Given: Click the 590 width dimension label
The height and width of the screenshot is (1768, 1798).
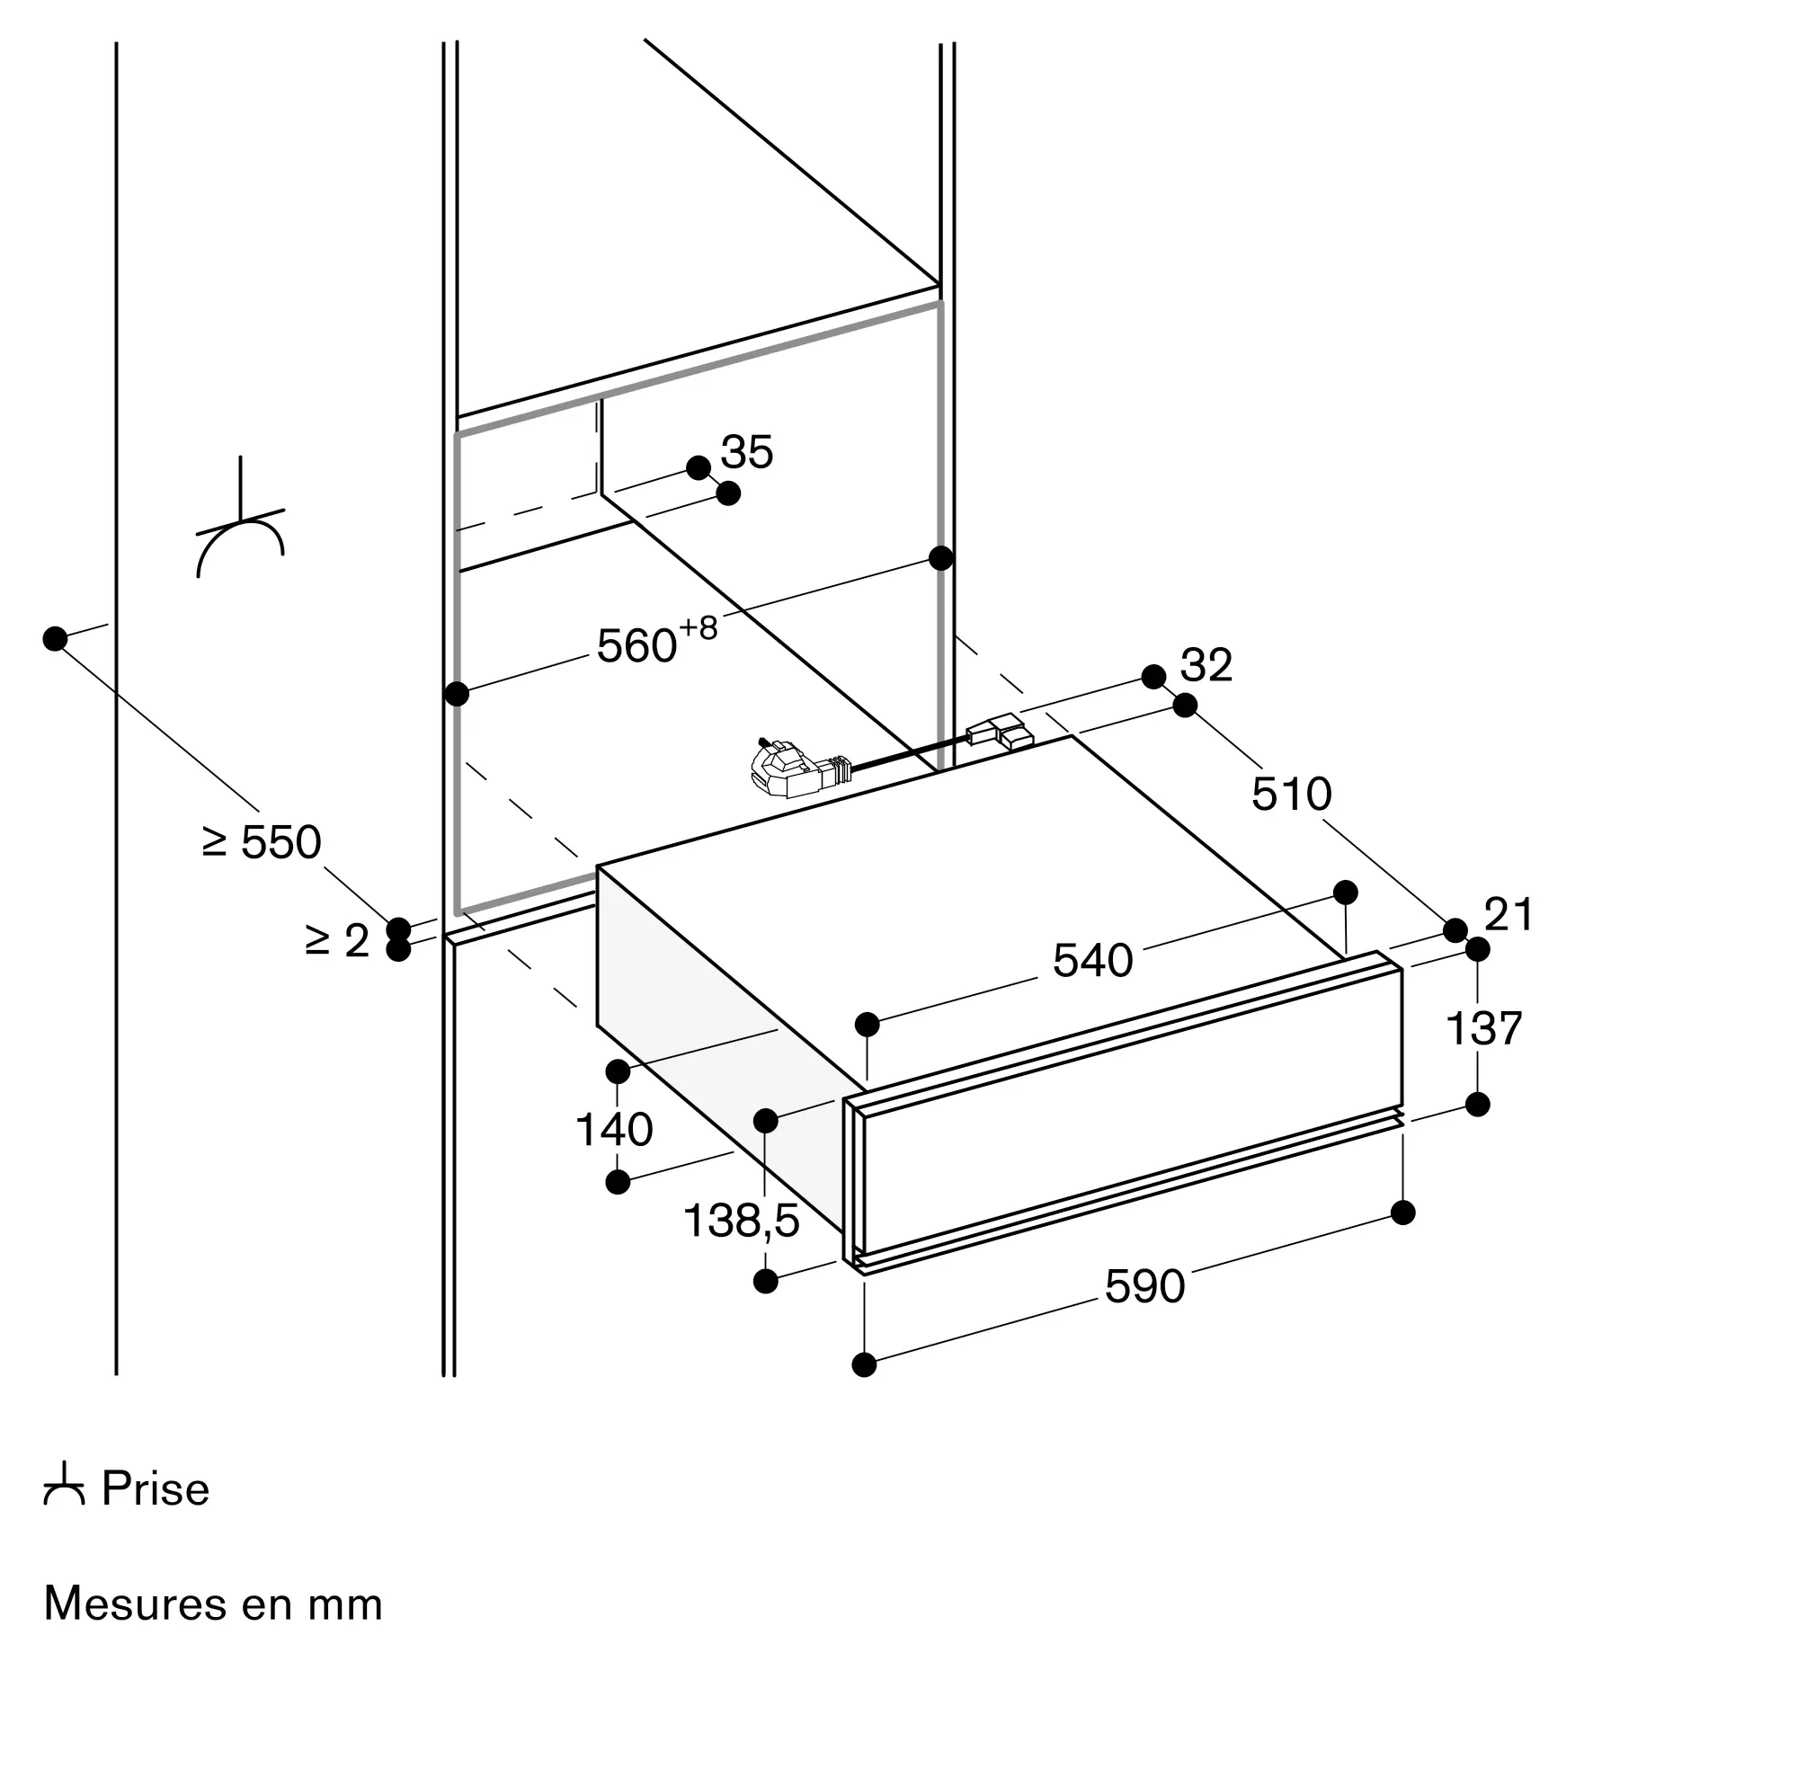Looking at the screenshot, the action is click(1144, 1287).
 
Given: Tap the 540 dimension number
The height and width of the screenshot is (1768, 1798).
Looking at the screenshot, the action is click(1092, 961).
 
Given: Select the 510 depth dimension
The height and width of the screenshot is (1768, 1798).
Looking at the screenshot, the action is click(1291, 794).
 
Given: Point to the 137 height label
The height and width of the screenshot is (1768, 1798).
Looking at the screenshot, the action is click(1483, 1029).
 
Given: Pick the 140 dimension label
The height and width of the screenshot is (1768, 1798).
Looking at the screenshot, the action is click(614, 1130).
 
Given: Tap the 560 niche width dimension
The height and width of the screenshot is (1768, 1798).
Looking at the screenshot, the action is click(636, 646).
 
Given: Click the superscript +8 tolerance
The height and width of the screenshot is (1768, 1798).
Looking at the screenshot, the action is click(699, 628).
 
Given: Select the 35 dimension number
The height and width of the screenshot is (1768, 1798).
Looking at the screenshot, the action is click(747, 452).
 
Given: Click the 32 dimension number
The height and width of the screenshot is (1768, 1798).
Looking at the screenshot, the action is click(1206, 666).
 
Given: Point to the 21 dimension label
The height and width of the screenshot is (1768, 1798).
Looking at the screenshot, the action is click(1509, 915).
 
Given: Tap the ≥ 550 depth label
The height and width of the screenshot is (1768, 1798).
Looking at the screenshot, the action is click(262, 842).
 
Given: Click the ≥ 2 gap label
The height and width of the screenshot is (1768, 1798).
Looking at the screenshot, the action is click(337, 942).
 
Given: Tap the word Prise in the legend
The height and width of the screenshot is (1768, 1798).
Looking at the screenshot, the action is click(156, 1489).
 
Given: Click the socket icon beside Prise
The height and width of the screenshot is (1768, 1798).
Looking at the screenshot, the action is click(64, 1486).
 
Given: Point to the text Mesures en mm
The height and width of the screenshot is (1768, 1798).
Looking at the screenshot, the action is click(213, 1604).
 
